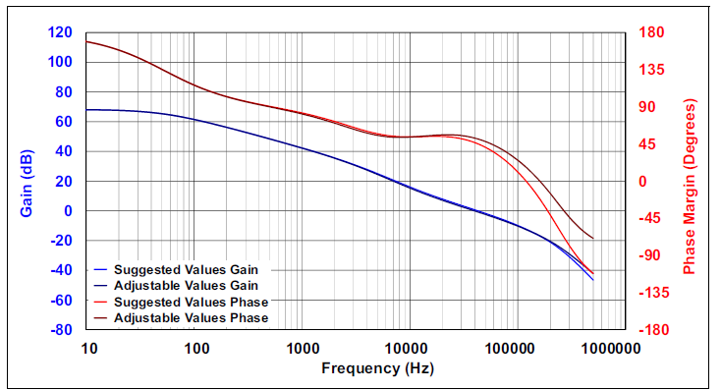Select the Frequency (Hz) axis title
tap(376, 368)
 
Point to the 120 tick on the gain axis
tap(60, 32)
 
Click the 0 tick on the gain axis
tap(67, 211)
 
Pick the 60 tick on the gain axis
tap(63, 122)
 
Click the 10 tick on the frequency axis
tap(88, 349)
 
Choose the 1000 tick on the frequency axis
tap(301, 349)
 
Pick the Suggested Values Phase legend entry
tap(188, 302)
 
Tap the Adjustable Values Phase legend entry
tap(188, 318)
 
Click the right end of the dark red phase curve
tap(593, 239)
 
